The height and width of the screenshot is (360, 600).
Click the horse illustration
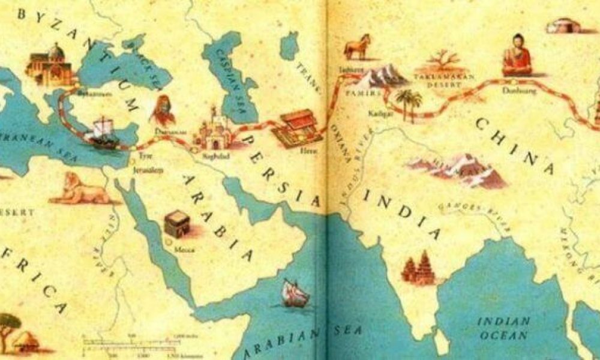pos(358,47)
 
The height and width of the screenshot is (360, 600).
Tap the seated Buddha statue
pos(517,55)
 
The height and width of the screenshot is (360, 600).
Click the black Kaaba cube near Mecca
pos(178,224)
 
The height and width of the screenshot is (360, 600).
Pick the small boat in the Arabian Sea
pos(295,293)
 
